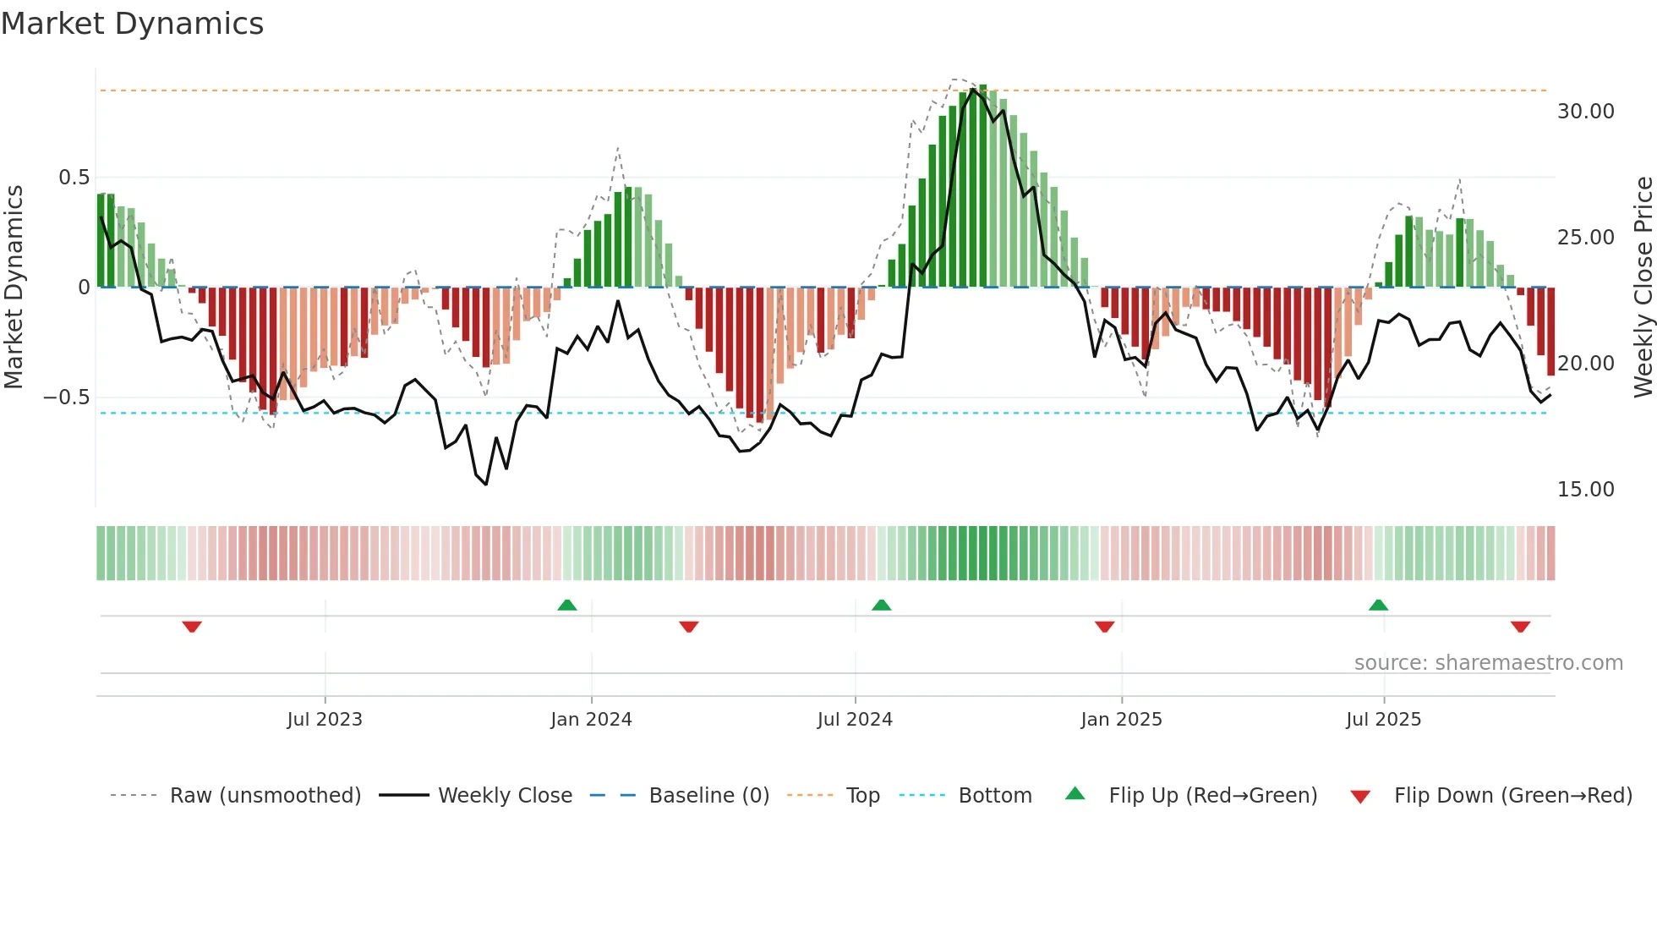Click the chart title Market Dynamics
[132, 24]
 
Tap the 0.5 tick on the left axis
[74, 178]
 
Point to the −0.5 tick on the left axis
[67, 397]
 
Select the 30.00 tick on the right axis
[1585, 112]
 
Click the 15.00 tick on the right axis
[1585, 490]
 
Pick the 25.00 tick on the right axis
[1585, 238]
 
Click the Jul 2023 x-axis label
[325, 720]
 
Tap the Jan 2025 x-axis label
[1121, 720]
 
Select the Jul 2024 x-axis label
[855, 720]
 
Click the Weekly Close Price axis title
[1643, 287]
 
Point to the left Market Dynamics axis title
[14, 287]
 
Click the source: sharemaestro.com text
[1488, 663]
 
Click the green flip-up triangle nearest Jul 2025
[1378, 605]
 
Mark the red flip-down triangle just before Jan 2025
[1104, 627]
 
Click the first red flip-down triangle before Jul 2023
[192, 627]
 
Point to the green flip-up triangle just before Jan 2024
[567, 605]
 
